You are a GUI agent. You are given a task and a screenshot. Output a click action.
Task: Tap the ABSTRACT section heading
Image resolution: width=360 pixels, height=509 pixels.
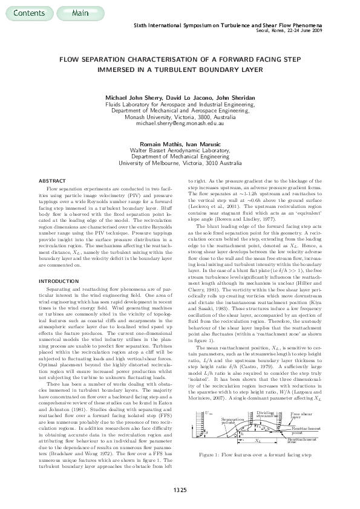pos(53,181)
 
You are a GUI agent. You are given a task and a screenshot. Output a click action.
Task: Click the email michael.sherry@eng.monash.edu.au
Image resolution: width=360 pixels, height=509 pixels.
pos(180,123)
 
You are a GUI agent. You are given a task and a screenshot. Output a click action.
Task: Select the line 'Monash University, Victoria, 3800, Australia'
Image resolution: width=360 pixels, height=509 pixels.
pos(180,117)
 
